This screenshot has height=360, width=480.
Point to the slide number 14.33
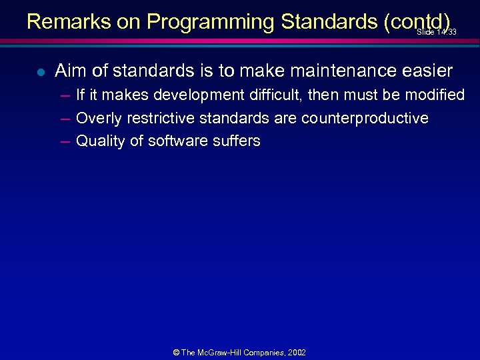click(437, 32)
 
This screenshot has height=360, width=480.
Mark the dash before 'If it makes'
click(64, 95)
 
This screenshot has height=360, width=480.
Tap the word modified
click(432, 95)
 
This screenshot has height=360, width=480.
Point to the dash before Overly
click(64, 119)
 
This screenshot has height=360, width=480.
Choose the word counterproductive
click(365, 119)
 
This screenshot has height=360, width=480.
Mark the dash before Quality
click(64, 141)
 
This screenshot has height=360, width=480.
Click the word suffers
click(237, 141)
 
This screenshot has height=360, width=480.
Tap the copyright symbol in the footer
click(176, 352)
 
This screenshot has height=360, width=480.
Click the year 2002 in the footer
click(297, 352)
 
